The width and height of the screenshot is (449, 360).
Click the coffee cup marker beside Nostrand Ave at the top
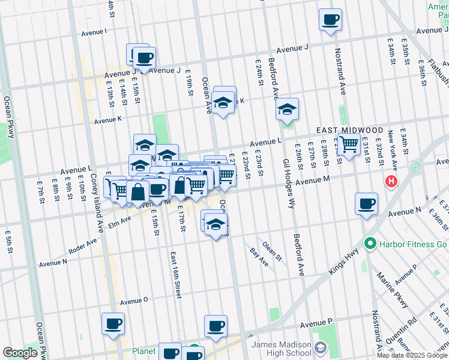[x=330, y=20]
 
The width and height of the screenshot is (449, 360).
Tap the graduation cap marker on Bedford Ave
[x=288, y=109]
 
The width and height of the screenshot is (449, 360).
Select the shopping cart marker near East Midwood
[x=349, y=144]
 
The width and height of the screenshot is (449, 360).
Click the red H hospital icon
[x=392, y=181]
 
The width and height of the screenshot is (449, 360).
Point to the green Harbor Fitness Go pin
[x=370, y=244]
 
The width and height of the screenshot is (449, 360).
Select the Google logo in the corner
[x=20, y=353]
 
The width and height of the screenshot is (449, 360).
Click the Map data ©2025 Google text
[x=412, y=355]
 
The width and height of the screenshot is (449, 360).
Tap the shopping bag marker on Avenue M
[x=137, y=192]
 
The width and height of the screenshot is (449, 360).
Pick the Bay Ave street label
[x=259, y=257]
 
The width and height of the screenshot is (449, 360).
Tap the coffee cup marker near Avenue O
[x=113, y=324]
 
